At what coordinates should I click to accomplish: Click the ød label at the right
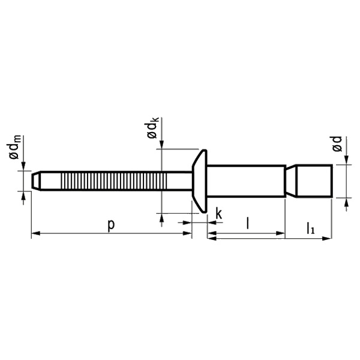337,144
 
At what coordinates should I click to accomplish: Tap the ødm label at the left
15,147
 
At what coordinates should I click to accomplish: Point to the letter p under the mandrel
111,226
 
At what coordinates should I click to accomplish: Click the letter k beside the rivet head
219,214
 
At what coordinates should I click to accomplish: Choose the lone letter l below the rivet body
247,223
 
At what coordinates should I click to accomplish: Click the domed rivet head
200,181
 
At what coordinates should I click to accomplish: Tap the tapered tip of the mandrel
36,181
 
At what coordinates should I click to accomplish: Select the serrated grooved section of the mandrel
113,181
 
